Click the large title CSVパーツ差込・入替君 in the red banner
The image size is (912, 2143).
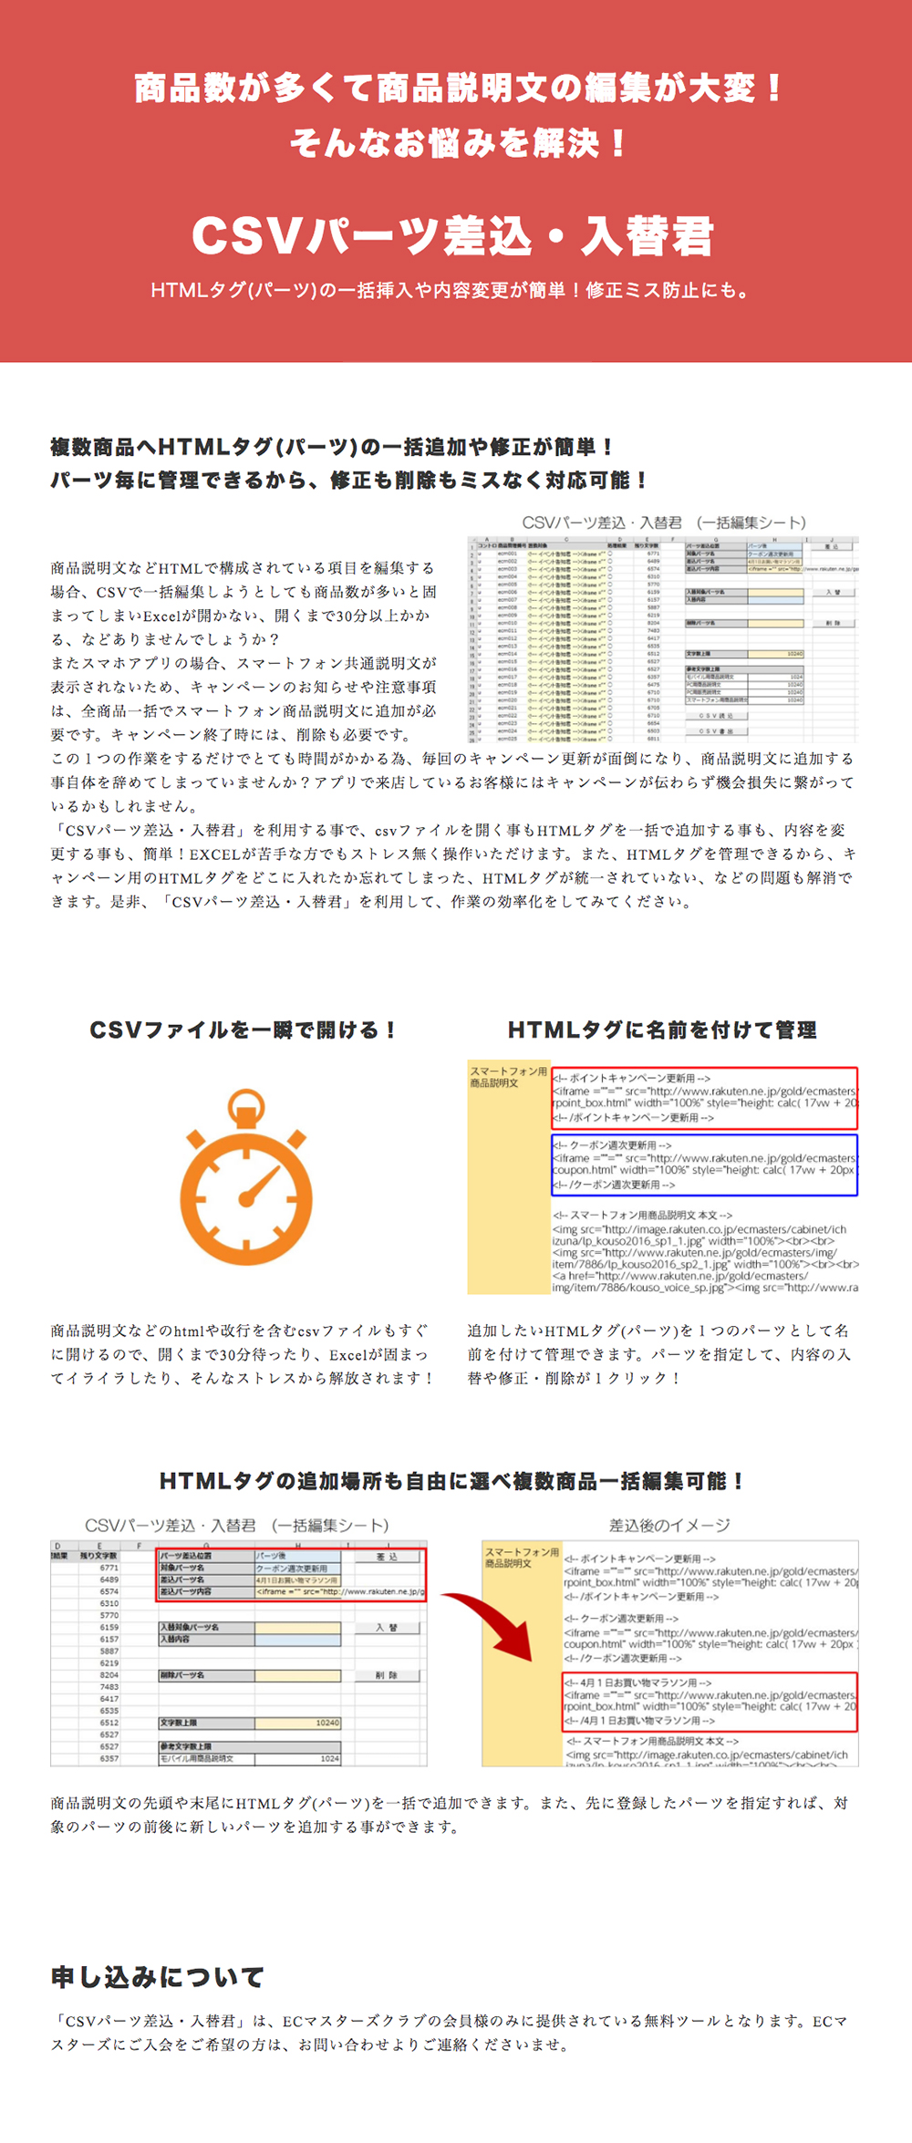[x=452, y=236]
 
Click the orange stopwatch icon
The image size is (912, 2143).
[x=246, y=1175]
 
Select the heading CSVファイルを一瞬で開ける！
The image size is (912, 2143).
[x=243, y=1030]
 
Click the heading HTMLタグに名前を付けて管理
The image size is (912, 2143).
[x=662, y=1030]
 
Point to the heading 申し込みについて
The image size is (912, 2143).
[x=158, y=1978]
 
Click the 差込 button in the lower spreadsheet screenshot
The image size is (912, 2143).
[x=388, y=1557]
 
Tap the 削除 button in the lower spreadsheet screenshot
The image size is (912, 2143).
[x=387, y=1675]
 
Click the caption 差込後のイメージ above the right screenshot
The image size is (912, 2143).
[x=669, y=1526]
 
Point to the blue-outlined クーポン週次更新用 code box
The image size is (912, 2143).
[x=704, y=1165]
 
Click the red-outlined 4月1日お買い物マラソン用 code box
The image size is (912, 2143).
[x=710, y=1702]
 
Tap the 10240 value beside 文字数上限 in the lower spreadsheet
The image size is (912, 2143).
[x=327, y=1723]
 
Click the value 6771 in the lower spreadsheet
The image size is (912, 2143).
[x=109, y=1568]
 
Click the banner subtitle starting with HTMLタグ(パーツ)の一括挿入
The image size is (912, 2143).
[x=452, y=291]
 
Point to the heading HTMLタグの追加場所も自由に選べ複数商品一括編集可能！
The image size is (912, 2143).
[x=452, y=1481]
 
